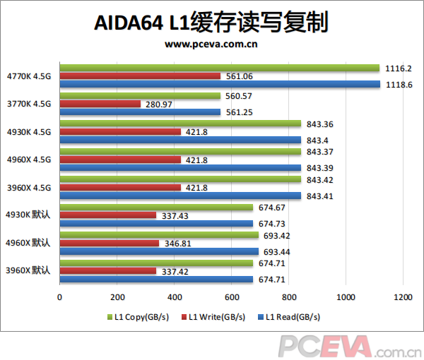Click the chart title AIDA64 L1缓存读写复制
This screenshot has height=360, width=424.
pyautogui.click(x=211, y=23)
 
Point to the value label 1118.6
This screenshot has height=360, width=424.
pyautogui.click(x=400, y=85)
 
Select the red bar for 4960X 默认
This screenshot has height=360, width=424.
pyautogui.click(x=110, y=243)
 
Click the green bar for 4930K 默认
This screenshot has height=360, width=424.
pyautogui.click(x=156, y=207)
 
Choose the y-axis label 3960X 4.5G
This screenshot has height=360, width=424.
pyautogui.click(x=28, y=187)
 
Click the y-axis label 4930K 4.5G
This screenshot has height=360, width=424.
pyautogui.click(x=28, y=132)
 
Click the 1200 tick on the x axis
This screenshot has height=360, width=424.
pyautogui.click(x=403, y=297)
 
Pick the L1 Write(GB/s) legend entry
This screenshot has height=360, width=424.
pyautogui.click(x=215, y=317)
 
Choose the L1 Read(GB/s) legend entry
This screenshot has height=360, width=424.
pyautogui.click(x=290, y=317)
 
